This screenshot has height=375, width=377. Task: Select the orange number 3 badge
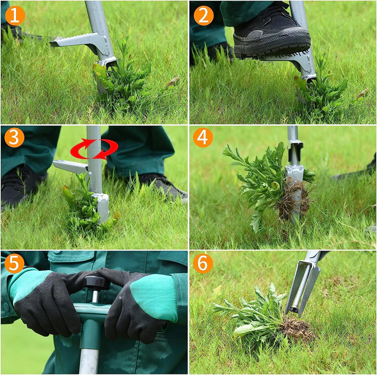[14, 137]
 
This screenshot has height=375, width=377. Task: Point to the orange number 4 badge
[203, 137]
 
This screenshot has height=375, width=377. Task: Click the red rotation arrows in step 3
[94, 148]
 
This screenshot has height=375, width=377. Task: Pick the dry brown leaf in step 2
[362, 93]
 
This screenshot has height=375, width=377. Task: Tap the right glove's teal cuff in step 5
[154, 294]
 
